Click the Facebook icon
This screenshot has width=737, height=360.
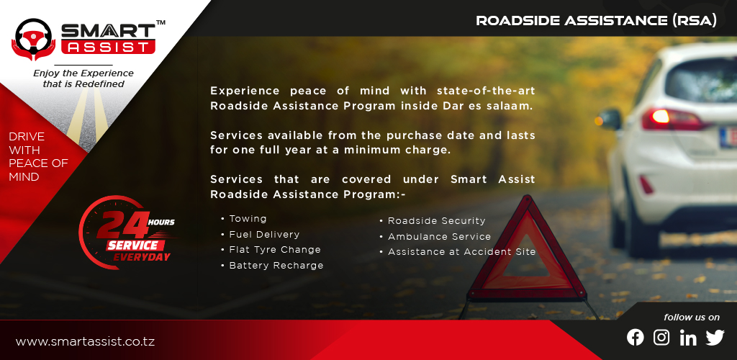click(x=635, y=337)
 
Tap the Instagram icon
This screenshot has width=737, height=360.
click(x=661, y=337)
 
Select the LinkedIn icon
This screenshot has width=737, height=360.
click(x=688, y=338)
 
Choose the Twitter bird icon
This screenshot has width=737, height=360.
click(x=715, y=338)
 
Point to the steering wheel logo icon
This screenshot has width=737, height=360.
click(x=34, y=40)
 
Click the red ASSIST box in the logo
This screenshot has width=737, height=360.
click(x=109, y=47)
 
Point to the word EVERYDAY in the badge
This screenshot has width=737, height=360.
click(x=142, y=257)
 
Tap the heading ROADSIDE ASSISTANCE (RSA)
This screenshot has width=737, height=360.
click(x=597, y=20)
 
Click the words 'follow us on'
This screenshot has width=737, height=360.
click(x=692, y=318)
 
